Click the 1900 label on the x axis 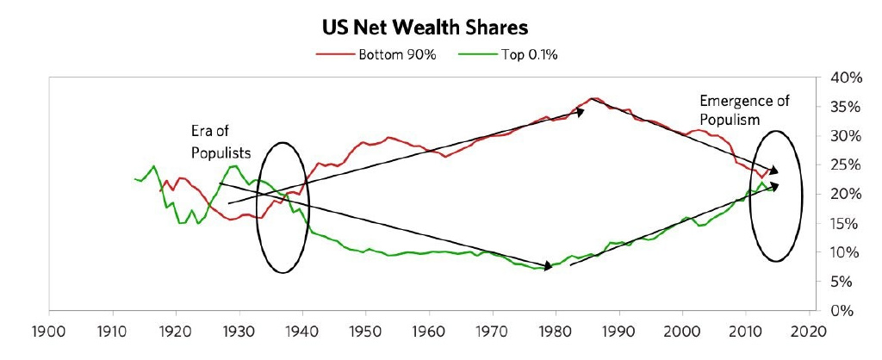point(48,330)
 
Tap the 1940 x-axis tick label point(301,330)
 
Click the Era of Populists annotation point(220,142)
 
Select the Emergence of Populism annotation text point(744,109)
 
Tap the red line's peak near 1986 point(593,98)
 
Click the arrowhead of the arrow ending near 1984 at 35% point(581,111)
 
